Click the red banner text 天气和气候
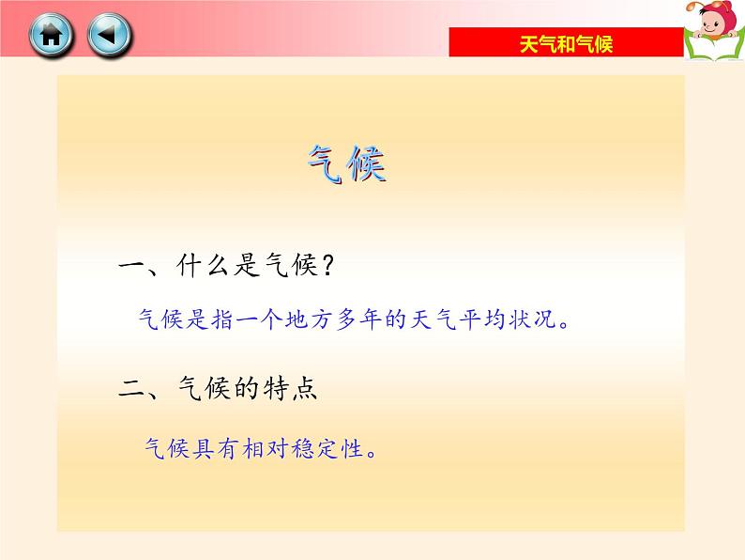pyautogui.click(x=566, y=44)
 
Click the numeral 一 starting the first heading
pyautogui.click(x=131, y=267)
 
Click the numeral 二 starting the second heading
pyautogui.click(x=131, y=387)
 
